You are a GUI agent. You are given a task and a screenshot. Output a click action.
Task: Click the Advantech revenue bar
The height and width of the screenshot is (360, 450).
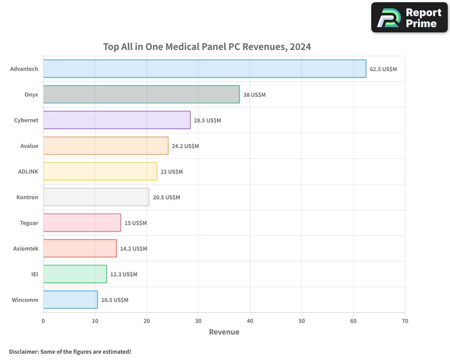point(204,69)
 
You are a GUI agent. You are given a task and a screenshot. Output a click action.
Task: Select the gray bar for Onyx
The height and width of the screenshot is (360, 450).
point(141,94)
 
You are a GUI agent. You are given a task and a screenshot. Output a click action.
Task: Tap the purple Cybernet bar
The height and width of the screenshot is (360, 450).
point(117,120)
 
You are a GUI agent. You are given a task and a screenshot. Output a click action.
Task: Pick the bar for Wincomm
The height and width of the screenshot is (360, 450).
point(70,300)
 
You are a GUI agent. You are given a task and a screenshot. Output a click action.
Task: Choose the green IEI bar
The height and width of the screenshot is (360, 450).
point(75,274)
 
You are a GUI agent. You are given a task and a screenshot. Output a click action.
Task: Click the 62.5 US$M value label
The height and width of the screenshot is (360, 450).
point(383,69)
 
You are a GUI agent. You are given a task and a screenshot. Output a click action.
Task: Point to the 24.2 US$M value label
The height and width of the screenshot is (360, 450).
point(185,146)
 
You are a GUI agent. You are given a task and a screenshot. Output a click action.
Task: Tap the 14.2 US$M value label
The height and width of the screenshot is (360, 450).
point(134,249)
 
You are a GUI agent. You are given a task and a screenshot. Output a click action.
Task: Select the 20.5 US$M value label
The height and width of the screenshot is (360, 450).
point(166,198)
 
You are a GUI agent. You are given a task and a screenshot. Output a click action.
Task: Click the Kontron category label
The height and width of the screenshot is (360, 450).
point(27,197)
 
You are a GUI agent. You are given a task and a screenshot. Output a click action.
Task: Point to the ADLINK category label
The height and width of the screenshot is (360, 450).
point(28,171)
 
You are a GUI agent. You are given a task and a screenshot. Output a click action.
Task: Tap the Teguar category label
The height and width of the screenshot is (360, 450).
point(29,223)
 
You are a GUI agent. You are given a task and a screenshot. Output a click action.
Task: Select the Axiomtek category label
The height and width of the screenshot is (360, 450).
point(26,248)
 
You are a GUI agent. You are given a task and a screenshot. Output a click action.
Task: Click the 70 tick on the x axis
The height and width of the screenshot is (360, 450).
point(405,321)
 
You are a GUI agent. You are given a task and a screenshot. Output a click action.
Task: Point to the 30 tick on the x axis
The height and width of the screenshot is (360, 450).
point(198,321)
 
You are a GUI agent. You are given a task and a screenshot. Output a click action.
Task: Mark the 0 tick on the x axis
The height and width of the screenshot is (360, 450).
point(43,321)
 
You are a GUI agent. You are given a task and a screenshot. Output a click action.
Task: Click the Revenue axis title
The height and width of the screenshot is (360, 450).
point(224,332)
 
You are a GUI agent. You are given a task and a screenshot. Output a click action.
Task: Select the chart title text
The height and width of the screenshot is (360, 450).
point(207,46)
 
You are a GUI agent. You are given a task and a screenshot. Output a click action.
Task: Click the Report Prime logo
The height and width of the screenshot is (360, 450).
point(409,18)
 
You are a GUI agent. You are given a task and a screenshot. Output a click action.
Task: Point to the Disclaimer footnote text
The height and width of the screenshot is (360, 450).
point(70,351)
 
